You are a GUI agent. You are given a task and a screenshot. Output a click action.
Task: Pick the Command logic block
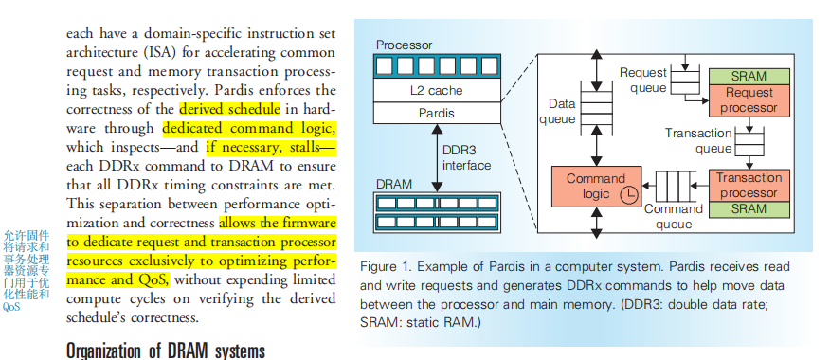[x=596, y=186]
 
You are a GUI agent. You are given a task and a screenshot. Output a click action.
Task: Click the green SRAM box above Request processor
[x=749, y=76]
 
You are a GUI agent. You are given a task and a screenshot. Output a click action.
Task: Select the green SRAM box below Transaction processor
[x=749, y=208]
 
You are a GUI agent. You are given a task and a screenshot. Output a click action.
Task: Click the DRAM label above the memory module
[x=395, y=183]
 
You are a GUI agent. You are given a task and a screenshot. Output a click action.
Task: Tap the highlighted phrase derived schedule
[x=224, y=108]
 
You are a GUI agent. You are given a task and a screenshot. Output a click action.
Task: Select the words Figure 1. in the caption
[x=387, y=265]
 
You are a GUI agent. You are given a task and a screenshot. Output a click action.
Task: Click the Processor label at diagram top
[x=405, y=45]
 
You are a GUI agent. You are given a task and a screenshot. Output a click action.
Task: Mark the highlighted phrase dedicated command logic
[x=249, y=127]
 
